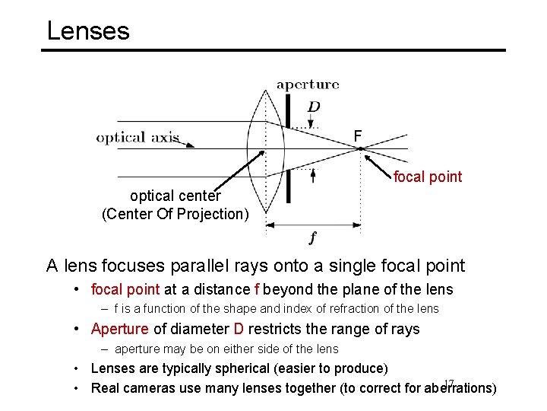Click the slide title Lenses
click(88, 31)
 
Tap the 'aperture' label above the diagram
click(308, 84)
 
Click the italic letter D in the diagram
click(313, 107)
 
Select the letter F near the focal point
click(358, 136)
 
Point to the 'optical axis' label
click(138, 138)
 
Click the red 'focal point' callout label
click(427, 177)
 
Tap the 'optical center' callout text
click(175, 197)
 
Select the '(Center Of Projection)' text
click(175, 214)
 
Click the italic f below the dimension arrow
click(312, 237)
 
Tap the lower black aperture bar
click(289, 186)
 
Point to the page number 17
click(448, 383)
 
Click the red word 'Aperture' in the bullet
click(120, 329)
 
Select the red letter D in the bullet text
click(238, 329)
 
